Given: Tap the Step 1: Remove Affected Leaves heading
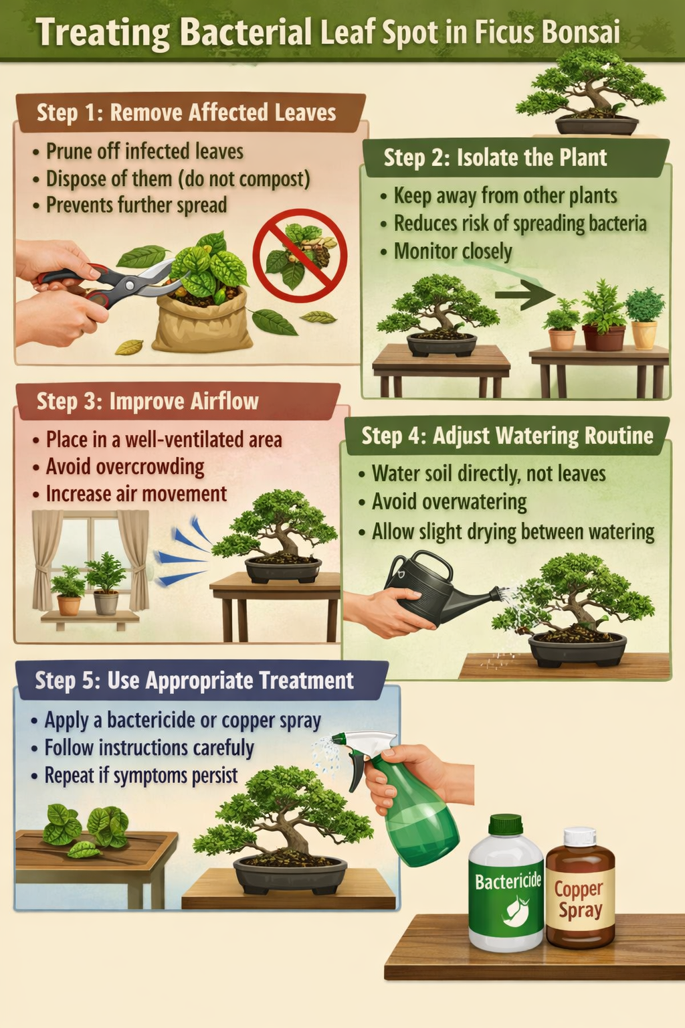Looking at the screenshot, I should pyautogui.click(x=186, y=112).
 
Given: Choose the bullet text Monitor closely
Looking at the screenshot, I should pyautogui.click(x=453, y=252).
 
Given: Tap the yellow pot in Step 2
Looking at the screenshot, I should pyautogui.click(x=644, y=335).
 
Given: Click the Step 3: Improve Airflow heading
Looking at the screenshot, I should pyautogui.click(x=147, y=401).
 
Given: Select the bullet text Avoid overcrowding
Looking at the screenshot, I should pyautogui.click(x=125, y=466).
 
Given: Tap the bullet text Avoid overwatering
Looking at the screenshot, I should pyautogui.click(x=449, y=502).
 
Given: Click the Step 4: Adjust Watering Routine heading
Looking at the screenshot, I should pyautogui.click(x=507, y=436).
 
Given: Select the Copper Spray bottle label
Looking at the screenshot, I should pyautogui.click(x=579, y=900).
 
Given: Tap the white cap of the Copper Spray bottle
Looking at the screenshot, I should pyautogui.click(x=579, y=837).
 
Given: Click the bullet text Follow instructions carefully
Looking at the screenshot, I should pyautogui.click(x=149, y=748).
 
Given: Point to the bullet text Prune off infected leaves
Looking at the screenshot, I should pyautogui.click(x=144, y=151).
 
